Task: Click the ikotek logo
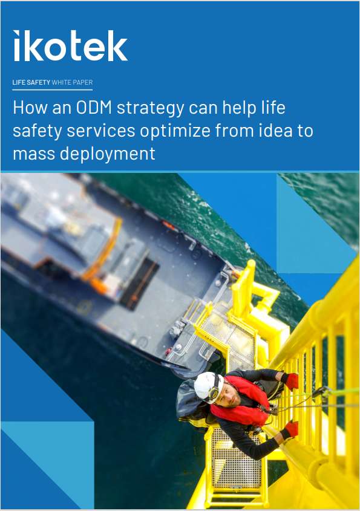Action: click(70, 45)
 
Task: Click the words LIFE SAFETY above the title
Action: click(31, 82)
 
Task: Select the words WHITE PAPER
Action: click(73, 82)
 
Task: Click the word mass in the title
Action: click(33, 154)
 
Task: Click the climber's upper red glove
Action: click(291, 380)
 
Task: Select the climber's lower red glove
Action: click(291, 429)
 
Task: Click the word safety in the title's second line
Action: click(37, 131)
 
